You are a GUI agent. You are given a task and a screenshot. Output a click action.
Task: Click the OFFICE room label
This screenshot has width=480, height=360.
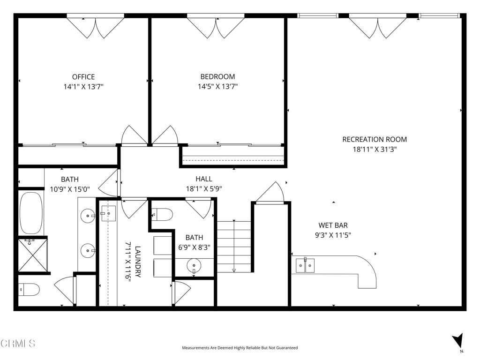click(x=83, y=77)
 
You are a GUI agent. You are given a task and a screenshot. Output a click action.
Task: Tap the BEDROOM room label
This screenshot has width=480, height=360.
click(x=217, y=77)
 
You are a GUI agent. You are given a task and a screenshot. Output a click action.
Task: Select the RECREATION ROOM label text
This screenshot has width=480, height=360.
click(x=375, y=139)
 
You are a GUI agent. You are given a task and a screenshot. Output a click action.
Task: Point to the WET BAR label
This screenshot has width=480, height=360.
click(x=333, y=225)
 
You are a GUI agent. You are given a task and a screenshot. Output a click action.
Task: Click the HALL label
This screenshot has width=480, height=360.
click(x=204, y=179)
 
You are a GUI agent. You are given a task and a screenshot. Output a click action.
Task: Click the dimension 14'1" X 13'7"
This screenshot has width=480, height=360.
click(x=83, y=87)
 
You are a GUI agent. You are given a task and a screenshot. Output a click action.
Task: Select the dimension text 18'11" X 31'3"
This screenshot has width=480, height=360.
click(x=375, y=149)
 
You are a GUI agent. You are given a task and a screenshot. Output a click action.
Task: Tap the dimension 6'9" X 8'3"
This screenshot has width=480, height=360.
click(x=195, y=247)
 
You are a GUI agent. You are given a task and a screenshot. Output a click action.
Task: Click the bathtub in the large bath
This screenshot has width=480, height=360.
click(x=31, y=213)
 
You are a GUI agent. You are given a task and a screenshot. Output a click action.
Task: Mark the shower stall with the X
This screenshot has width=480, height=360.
click(x=33, y=254)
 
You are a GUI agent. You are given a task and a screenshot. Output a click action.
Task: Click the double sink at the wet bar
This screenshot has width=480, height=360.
click(x=306, y=266)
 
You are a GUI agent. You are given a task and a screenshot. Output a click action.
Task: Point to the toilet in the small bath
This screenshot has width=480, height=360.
click(x=162, y=214)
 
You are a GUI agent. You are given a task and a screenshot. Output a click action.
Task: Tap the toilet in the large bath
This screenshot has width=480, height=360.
click(x=29, y=290)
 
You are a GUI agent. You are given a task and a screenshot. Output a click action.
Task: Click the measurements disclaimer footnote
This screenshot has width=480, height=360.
click(x=240, y=348)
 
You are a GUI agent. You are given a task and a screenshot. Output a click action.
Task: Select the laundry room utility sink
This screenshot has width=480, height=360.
click(x=108, y=213)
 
